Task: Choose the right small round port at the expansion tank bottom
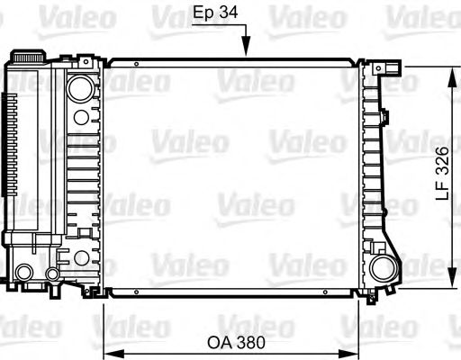click(x=53, y=273)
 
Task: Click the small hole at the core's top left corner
click(x=135, y=65)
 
